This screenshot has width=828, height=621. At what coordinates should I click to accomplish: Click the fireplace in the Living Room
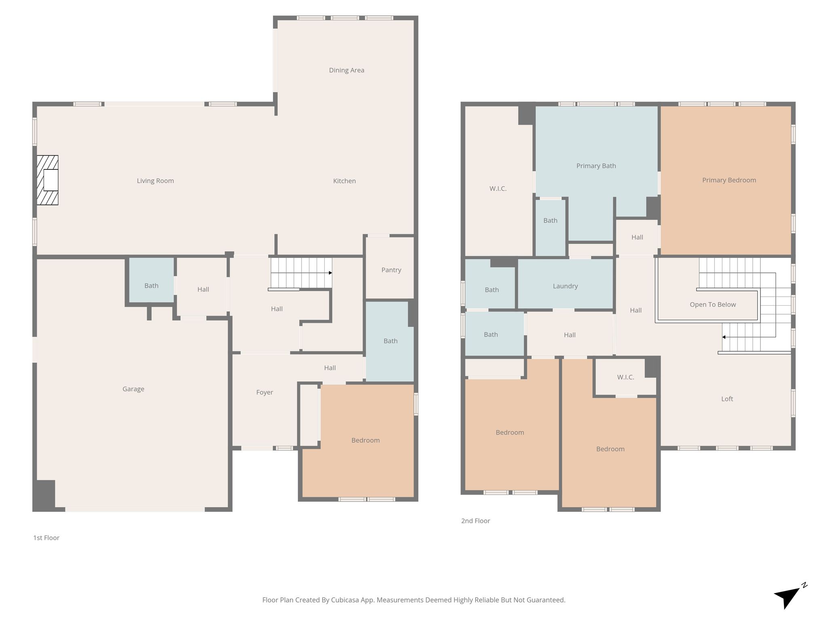pyautogui.click(x=47, y=180)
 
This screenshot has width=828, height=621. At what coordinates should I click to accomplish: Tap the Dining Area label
pyautogui.click(x=346, y=70)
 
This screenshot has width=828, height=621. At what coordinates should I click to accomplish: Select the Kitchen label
pyautogui.click(x=344, y=181)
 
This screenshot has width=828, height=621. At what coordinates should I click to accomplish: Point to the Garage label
pyautogui.click(x=133, y=389)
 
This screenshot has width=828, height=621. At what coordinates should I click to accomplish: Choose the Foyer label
pyautogui.click(x=265, y=393)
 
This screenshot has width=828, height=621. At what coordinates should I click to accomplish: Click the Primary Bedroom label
pyautogui.click(x=729, y=180)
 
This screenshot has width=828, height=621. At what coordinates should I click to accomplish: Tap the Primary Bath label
pyautogui.click(x=596, y=166)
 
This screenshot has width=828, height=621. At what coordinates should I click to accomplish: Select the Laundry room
pyautogui.click(x=565, y=284)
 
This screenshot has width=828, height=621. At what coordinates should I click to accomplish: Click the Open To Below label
pyautogui.click(x=713, y=305)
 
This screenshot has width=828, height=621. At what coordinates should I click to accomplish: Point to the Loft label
pyautogui.click(x=727, y=399)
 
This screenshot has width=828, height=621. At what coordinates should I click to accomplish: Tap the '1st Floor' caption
pyautogui.click(x=46, y=538)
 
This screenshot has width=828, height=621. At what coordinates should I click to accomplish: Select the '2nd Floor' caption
pyautogui.click(x=475, y=521)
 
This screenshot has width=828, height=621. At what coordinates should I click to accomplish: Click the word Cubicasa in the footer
pyautogui.click(x=346, y=600)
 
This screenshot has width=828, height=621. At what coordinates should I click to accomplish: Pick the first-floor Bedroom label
pyautogui.click(x=365, y=440)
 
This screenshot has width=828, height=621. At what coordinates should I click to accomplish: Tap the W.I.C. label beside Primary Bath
pyautogui.click(x=498, y=189)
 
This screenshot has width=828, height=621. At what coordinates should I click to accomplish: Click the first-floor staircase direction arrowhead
pyautogui.click(x=330, y=273)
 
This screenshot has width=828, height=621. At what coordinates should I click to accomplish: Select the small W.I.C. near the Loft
pyautogui.click(x=625, y=377)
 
